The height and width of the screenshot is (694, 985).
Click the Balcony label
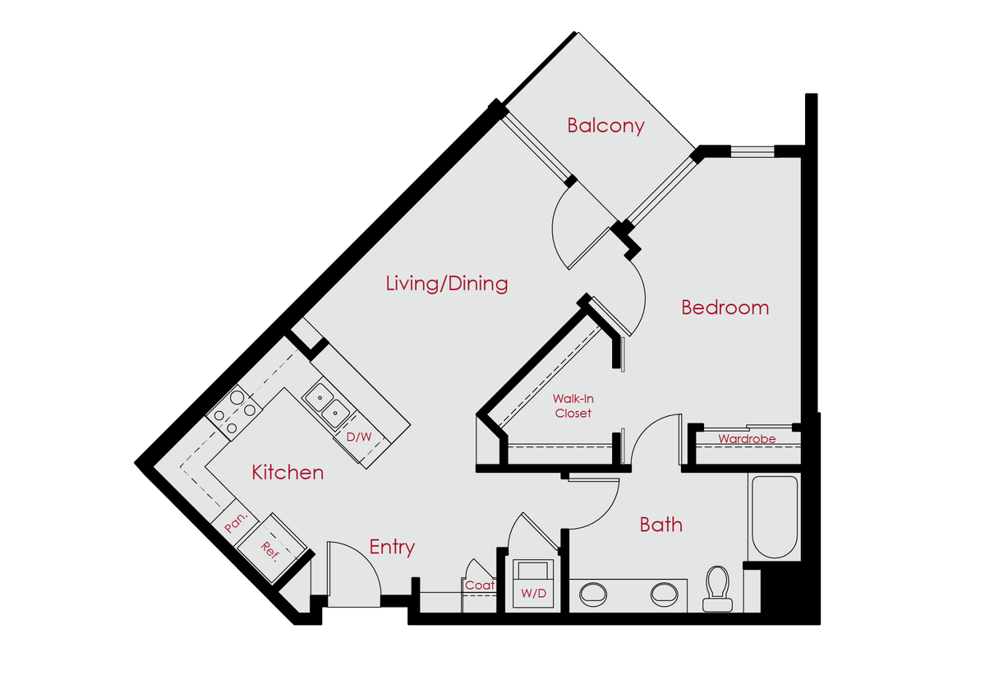605,126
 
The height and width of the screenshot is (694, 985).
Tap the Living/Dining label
447,284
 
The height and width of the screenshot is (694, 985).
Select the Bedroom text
725,308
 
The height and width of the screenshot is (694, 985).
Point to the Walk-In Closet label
573,406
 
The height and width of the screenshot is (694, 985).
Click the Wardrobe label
746,439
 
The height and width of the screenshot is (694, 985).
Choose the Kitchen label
288,473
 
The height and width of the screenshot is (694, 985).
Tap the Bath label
661,525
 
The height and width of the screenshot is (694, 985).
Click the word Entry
392,547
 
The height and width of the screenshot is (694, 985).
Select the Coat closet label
479,585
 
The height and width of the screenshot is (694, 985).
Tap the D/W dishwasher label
358,437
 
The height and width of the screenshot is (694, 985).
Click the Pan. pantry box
237,525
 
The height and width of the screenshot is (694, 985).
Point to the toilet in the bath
717,588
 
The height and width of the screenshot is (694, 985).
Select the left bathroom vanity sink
594,592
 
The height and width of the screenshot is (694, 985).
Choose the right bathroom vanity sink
665,592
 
